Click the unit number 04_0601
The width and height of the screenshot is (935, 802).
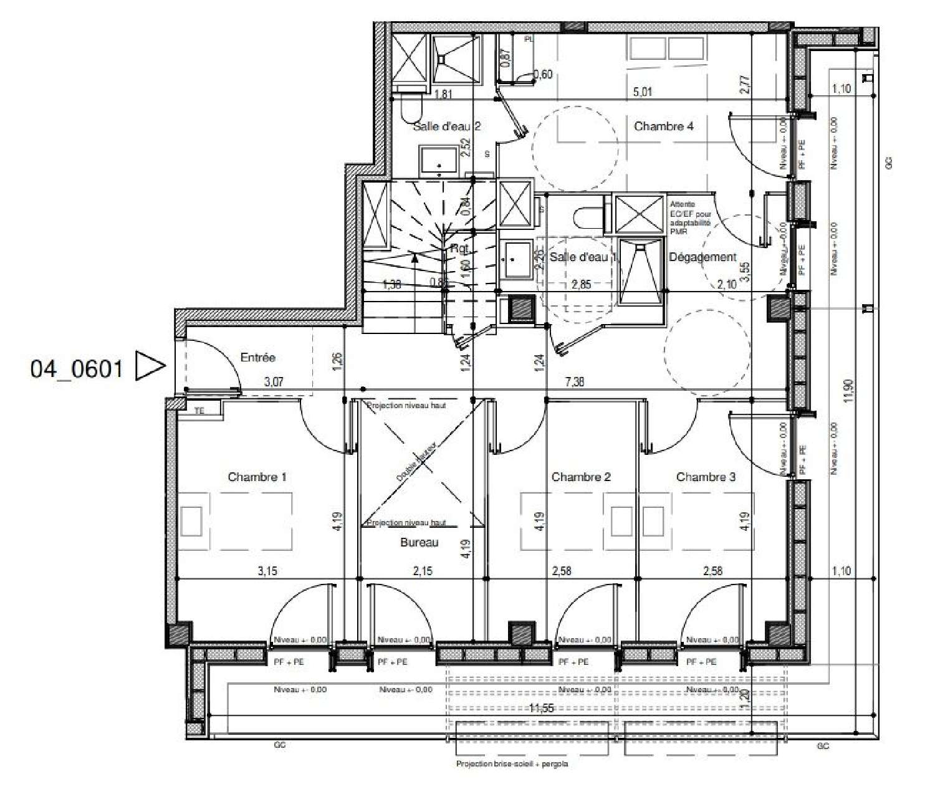pyautogui.click(x=76, y=369)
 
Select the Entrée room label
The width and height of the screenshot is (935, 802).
pyautogui.click(x=257, y=358)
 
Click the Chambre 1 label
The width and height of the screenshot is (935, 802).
pyautogui.click(x=257, y=477)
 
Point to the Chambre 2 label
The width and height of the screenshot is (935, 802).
pyautogui.click(x=581, y=477)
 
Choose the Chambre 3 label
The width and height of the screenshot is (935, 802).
pyautogui.click(x=706, y=477)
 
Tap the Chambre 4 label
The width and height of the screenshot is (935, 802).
pyautogui.click(x=664, y=127)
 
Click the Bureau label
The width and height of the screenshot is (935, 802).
pyautogui.click(x=419, y=543)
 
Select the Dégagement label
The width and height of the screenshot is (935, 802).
pyautogui.click(x=702, y=257)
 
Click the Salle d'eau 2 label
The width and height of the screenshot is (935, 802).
pyautogui.click(x=446, y=127)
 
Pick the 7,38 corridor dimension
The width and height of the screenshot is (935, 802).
pyautogui.click(x=575, y=382)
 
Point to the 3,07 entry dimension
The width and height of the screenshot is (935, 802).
pyautogui.click(x=274, y=382)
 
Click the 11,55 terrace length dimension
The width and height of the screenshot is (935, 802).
pyautogui.click(x=542, y=709)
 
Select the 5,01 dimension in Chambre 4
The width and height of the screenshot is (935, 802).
pyautogui.click(x=643, y=92)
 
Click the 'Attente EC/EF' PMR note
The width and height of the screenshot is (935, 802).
pyautogui.click(x=690, y=217)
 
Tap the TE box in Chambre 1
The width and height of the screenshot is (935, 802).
pyautogui.click(x=199, y=411)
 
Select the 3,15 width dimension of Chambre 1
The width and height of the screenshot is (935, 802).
pyautogui.click(x=267, y=571)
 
